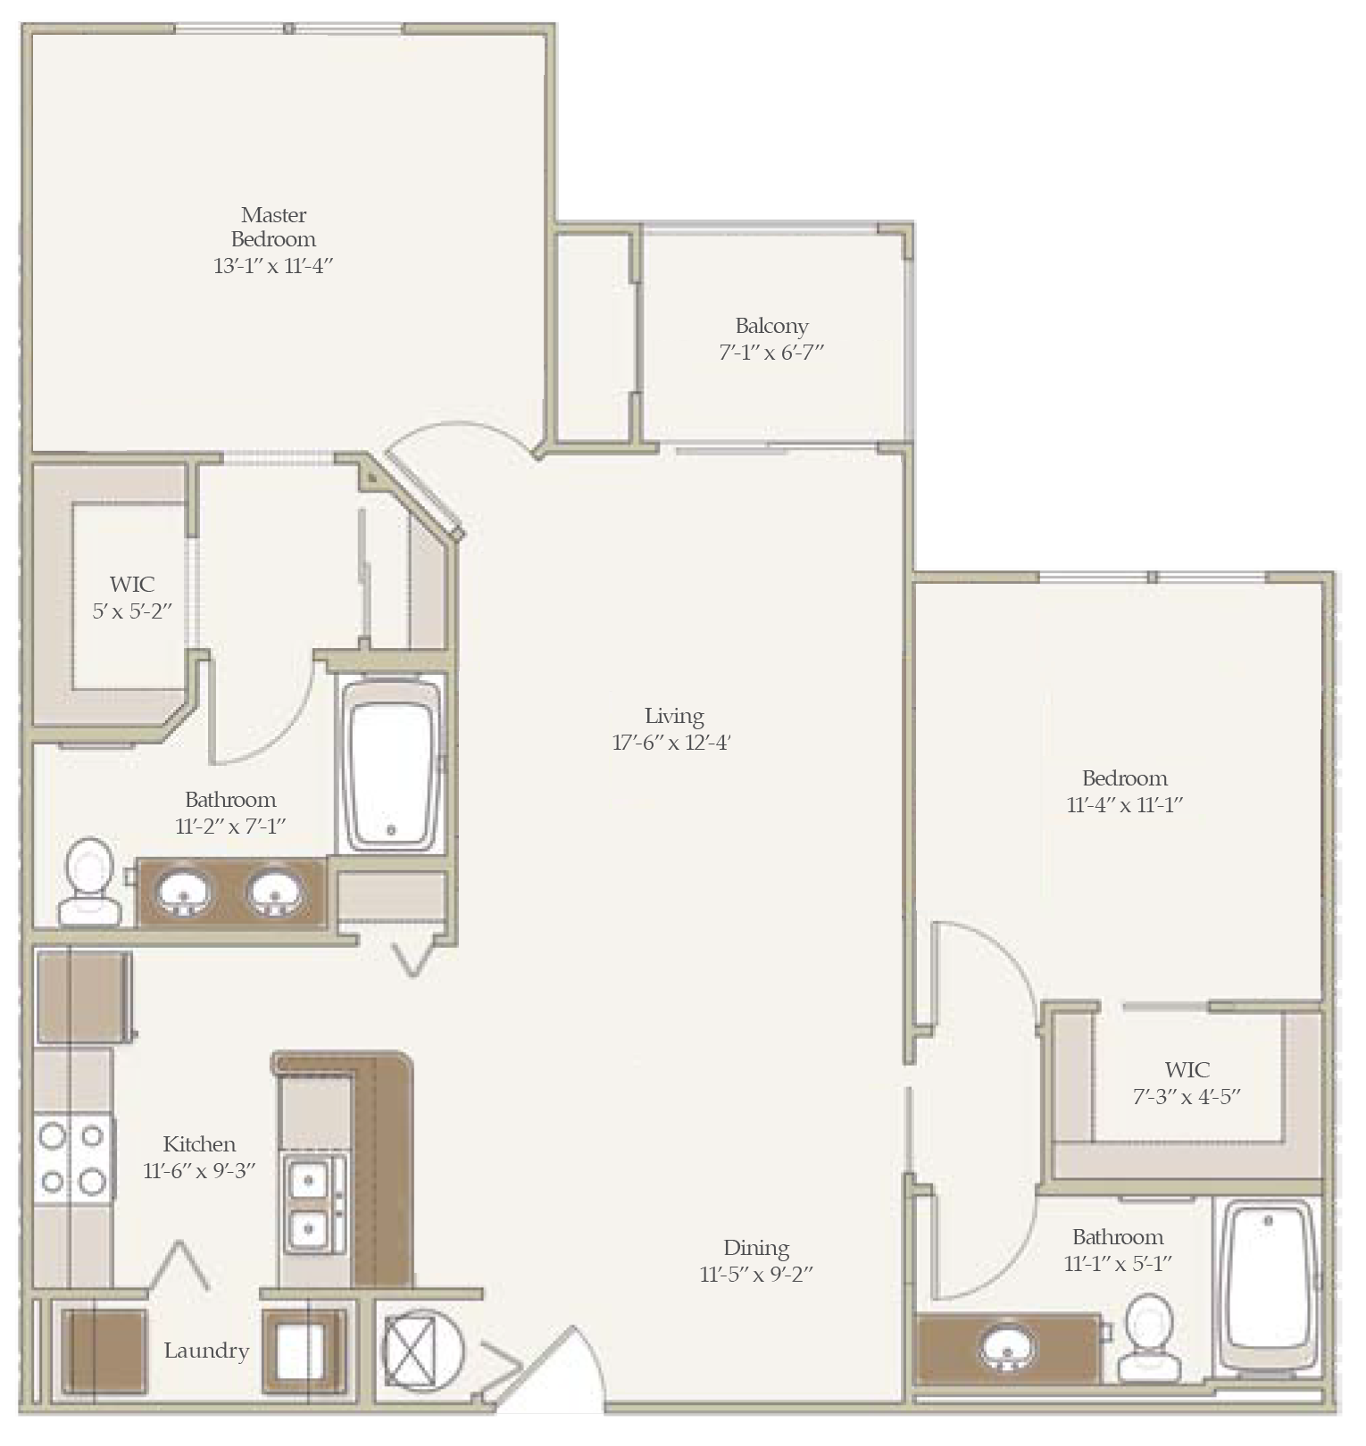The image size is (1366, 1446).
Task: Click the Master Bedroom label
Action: point(273,227)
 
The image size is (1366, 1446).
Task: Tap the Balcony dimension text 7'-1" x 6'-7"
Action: point(771,352)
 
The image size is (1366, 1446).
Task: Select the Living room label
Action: point(674,716)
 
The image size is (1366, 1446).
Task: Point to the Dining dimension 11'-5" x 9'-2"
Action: point(756,1274)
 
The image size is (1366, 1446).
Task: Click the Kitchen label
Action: point(199,1144)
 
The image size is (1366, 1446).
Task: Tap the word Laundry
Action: point(206,1350)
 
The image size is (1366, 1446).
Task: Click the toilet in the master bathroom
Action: point(89,881)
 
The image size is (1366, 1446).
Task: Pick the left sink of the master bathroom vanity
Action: point(186,893)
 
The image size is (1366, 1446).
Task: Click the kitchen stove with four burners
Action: point(74,1158)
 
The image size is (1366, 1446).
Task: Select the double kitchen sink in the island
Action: point(313,1204)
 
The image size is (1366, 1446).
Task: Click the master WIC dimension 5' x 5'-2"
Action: point(132,611)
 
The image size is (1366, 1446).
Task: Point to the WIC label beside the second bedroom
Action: point(1187,1069)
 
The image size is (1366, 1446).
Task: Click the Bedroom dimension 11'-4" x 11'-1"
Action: point(1125,804)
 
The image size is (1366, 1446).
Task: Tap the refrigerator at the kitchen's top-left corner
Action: point(82,997)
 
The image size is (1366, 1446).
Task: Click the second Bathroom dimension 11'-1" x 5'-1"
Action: point(1118,1263)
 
